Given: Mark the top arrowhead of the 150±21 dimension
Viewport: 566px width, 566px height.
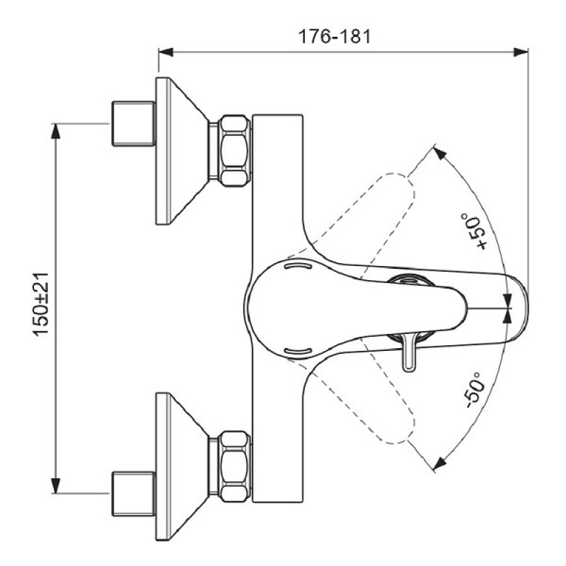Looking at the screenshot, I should pos(57,129).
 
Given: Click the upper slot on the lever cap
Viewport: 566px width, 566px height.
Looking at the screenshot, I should pos(297,267).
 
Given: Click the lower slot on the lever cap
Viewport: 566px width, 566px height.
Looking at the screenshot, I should pos(297,350).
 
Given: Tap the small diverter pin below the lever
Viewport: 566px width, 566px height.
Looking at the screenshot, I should pos(410,354).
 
